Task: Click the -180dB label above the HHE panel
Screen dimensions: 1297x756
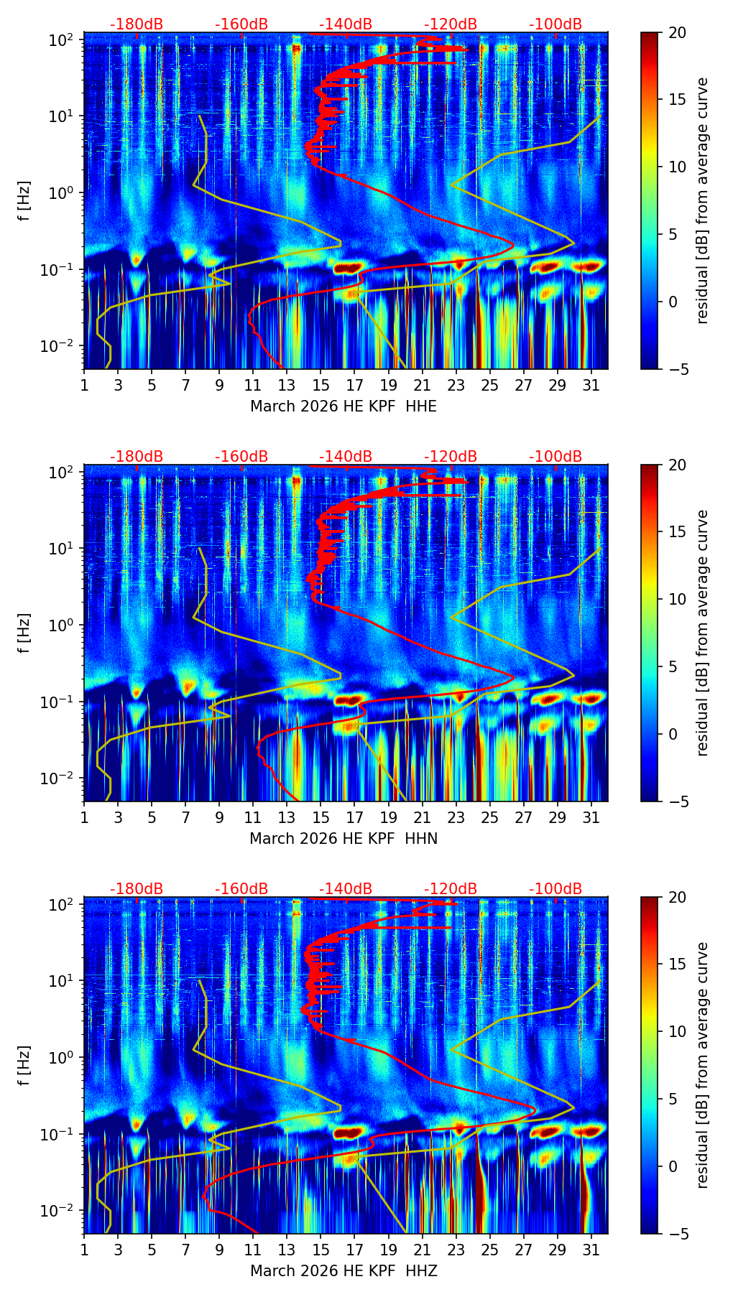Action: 137,24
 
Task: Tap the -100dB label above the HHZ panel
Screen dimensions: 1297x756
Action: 556,889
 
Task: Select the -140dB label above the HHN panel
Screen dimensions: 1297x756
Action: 346,457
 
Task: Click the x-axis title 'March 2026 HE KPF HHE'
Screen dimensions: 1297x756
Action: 344,406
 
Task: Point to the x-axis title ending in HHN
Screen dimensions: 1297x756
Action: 344,839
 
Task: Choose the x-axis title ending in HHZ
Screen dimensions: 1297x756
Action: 344,1271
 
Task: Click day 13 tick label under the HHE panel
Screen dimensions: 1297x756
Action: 287,385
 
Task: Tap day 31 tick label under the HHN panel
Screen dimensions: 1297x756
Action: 591,817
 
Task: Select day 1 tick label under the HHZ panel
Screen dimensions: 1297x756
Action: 84,1250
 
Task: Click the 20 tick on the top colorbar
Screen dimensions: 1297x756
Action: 677,32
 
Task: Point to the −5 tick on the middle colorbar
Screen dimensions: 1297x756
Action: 677,801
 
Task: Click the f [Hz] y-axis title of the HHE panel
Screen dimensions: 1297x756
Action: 24,201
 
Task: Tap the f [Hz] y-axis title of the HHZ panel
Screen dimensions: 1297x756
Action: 24,1066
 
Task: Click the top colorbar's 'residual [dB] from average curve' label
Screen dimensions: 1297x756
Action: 702,201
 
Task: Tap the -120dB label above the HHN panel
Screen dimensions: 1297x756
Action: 451,457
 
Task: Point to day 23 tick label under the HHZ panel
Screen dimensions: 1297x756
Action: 456,1250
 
